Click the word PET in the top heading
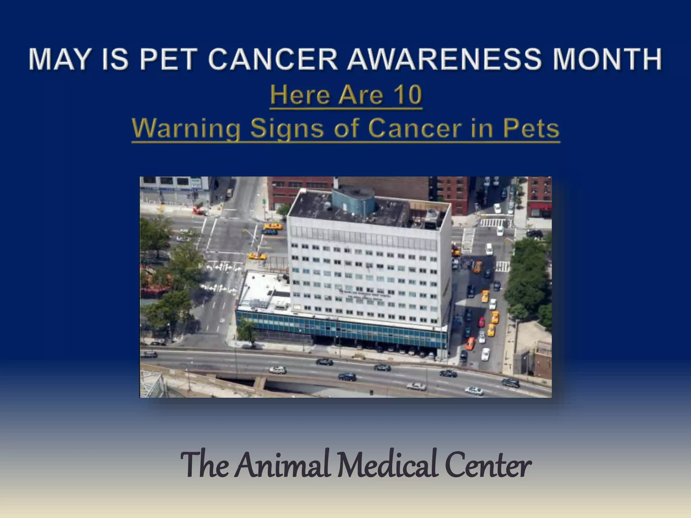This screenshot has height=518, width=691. tap(168, 59)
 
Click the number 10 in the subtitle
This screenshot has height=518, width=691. tap(405, 95)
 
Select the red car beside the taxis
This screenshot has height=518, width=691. tap(481, 322)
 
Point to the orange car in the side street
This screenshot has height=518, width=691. tap(470, 343)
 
